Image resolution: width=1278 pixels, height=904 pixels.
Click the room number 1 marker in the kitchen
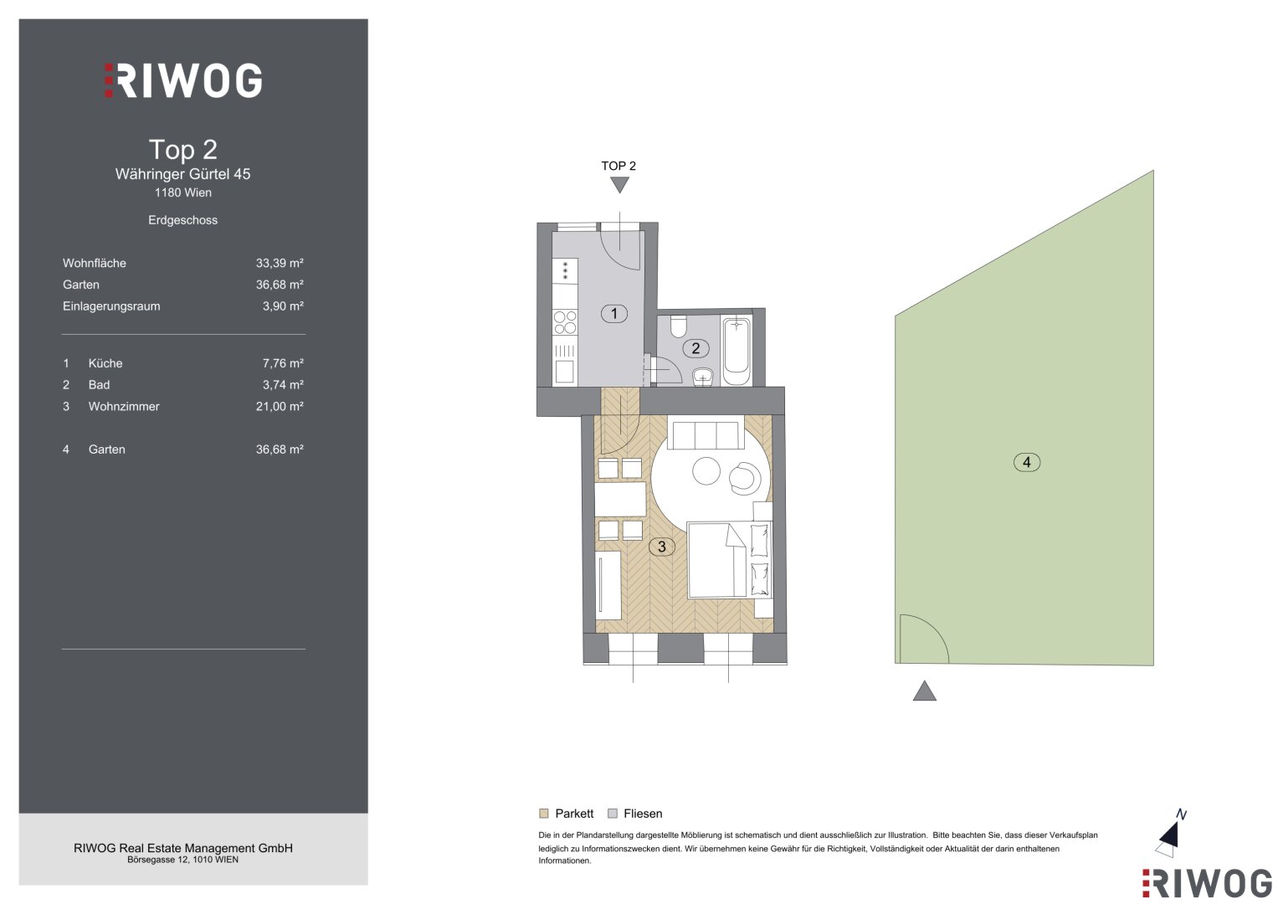[614, 313]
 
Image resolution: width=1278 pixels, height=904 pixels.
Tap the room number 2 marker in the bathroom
[695, 348]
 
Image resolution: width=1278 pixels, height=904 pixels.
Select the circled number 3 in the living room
[662, 547]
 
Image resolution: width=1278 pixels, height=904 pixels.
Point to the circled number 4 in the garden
[1027, 462]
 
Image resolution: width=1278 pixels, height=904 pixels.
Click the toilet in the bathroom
[679, 326]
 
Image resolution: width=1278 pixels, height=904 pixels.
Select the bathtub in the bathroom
[737, 351]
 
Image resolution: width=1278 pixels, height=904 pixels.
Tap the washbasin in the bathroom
[703, 377]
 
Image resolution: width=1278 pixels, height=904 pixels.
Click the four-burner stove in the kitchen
[565, 322]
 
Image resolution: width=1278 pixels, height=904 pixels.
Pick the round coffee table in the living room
[706, 470]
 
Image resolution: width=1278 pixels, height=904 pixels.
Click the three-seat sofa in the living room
[706, 435]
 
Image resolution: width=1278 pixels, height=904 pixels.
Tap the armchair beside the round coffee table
[745, 477]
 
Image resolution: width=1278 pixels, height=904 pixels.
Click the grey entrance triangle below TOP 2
[619, 184]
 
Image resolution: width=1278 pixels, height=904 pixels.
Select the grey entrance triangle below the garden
[924, 691]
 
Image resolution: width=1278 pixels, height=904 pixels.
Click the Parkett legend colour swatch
[544, 814]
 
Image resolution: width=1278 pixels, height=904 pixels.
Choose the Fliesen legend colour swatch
[613, 814]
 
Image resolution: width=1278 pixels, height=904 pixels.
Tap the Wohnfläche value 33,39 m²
[280, 263]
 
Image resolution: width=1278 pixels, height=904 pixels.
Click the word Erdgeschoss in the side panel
[182, 220]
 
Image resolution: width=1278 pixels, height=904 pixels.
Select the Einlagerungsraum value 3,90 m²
[283, 306]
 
